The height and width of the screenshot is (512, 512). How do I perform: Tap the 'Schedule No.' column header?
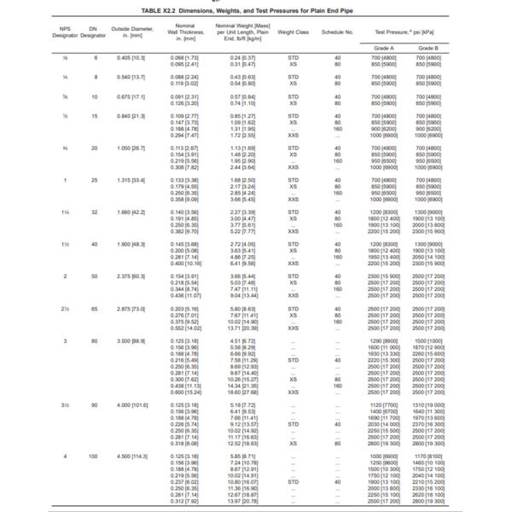[x=338, y=32]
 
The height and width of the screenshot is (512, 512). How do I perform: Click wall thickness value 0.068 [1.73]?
[x=184, y=58]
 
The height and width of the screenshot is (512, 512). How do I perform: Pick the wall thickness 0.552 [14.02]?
[x=185, y=328]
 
